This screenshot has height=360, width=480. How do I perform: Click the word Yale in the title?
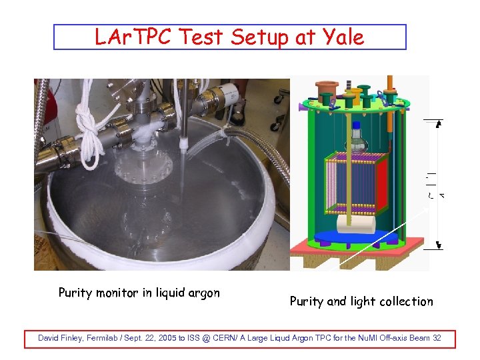(344, 37)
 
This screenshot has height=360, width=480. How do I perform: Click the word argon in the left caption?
(202, 293)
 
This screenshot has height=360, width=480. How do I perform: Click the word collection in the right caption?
(407, 301)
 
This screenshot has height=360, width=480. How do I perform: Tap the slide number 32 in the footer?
(436, 338)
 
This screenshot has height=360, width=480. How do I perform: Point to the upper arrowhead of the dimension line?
(438, 123)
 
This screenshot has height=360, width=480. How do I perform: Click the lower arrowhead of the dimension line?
(438, 245)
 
